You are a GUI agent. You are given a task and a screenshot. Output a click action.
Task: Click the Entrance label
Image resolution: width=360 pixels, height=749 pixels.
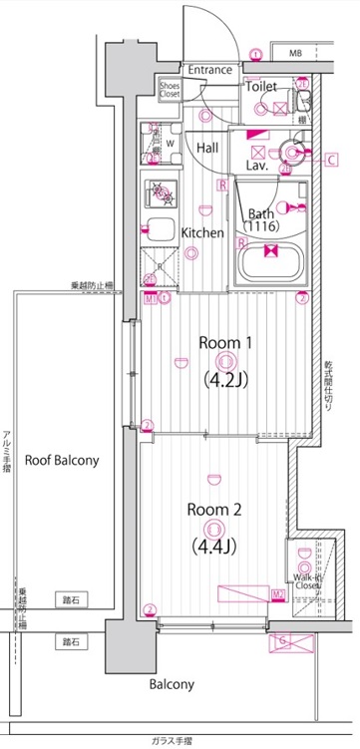click(x=210, y=70)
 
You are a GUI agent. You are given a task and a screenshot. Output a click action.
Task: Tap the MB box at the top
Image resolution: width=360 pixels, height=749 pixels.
click(x=295, y=52)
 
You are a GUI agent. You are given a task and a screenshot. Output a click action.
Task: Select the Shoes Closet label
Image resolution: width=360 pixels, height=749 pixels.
click(x=170, y=90)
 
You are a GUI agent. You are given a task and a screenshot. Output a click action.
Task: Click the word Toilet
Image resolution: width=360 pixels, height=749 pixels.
click(x=260, y=87)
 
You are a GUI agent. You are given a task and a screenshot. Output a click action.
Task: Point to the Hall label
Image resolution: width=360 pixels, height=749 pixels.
click(x=207, y=148)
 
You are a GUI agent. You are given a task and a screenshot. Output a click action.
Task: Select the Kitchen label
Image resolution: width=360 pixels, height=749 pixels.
click(x=202, y=232)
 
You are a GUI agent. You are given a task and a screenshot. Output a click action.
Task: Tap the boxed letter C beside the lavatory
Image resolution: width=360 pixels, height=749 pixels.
click(x=331, y=158)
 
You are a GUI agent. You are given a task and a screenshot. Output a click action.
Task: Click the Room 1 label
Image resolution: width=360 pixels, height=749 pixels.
click(x=226, y=342)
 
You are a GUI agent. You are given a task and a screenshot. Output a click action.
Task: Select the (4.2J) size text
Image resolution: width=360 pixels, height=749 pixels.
click(x=226, y=379)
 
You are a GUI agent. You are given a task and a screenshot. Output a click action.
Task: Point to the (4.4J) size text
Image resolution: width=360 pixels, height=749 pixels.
click(x=215, y=546)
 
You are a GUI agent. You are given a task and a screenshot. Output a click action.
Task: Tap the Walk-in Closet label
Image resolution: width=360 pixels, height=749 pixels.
click(x=306, y=581)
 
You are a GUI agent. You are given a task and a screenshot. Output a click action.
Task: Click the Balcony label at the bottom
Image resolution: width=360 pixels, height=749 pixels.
click(x=173, y=685)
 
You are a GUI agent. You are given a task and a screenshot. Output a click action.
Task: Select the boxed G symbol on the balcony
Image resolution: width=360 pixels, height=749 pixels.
click(x=282, y=639)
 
